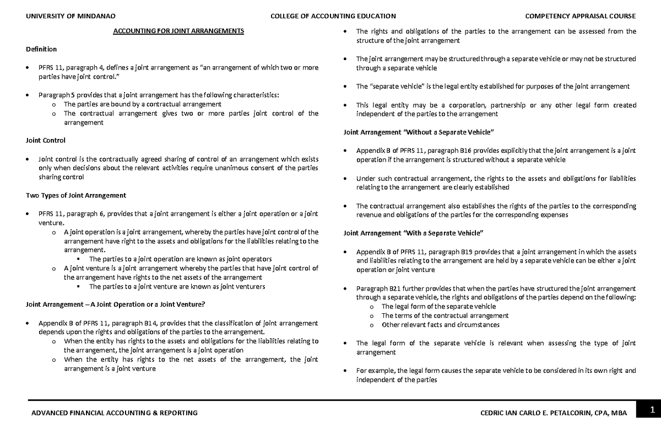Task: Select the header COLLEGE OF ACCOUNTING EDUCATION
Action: [x=333, y=16]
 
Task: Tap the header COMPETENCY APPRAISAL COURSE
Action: [x=581, y=16]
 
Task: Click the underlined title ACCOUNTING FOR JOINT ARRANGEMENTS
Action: [x=178, y=31]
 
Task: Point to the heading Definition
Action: [x=41, y=50]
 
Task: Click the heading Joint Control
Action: [x=46, y=141]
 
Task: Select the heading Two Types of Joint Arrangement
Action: [x=76, y=195]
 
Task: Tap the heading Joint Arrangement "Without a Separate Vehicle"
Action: [x=419, y=132]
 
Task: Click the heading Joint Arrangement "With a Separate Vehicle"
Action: [x=413, y=233]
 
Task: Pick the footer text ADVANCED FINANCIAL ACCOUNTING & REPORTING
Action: [x=112, y=413]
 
